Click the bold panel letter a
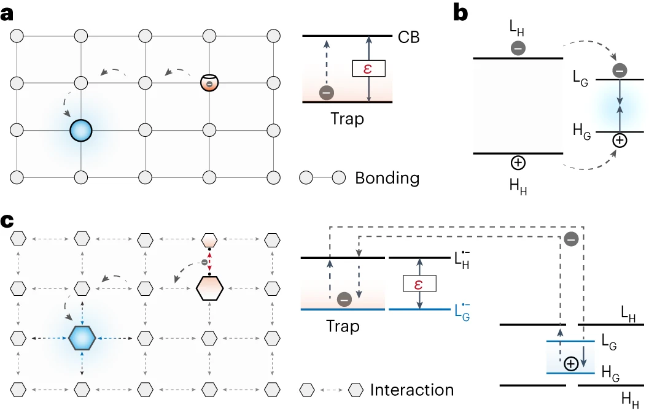coord(8,14)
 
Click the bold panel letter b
coord(461,13)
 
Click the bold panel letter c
coord(8,220)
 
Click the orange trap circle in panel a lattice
coord(209,82)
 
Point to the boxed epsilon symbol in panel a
coord(368,68)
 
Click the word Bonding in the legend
coord(387,179)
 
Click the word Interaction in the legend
coord(411,390)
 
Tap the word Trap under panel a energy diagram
coord(347,118)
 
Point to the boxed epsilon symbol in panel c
coord(419,283)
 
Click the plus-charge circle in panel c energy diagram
coord(570,364)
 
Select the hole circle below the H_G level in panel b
coord(620,141)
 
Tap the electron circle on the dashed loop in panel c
coord(571,240)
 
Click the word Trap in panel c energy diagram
coord(343,326)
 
